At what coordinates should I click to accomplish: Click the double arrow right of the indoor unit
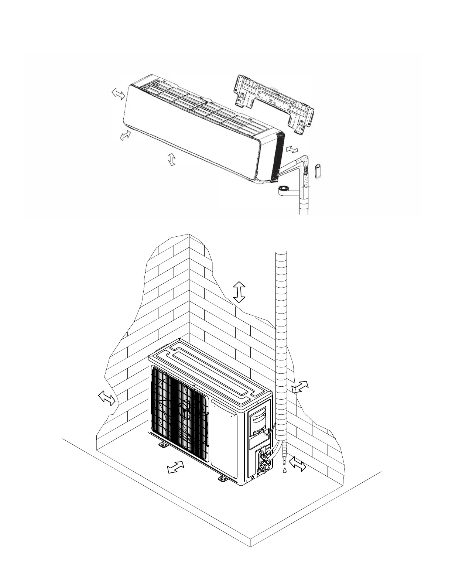click(292, 150)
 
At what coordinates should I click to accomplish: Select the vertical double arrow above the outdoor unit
click(239, 292)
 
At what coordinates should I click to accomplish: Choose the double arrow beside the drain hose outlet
click(298, 464)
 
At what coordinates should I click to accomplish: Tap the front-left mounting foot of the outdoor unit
click(163, 445)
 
